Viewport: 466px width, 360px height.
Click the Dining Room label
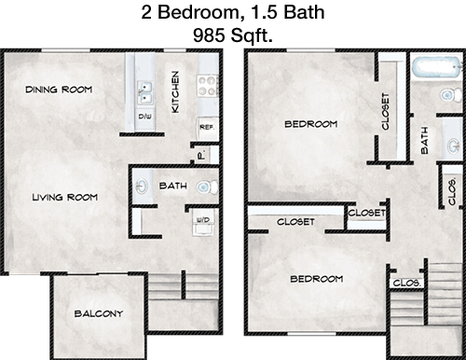[x=59, y=90]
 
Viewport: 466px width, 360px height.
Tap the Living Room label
[x=65, y=197]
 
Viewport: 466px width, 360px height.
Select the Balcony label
[x=99, y=313]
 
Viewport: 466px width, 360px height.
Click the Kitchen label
[x=175, y=92]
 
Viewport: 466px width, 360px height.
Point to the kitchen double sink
[x=145, y=92]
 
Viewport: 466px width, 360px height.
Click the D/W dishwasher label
[x=144, y=117]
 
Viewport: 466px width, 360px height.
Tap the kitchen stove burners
[x=207, y=86]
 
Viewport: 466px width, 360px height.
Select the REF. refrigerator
[x=208, y=128]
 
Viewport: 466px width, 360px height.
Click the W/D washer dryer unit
[x=203, y=222]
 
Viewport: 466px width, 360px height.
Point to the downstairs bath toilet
[x=207, y=187]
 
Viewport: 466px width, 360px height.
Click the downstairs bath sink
[x=143, y=187]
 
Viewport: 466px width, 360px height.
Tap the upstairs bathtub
[x=437, y=66]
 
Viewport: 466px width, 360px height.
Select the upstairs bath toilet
[x=451, y=95]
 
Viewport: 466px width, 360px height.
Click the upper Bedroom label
[x=311, y=124]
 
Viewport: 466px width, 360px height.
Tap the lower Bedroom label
[x=317, y=279]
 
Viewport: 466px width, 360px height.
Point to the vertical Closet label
[x=385, y=111]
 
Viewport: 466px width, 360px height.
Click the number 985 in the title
[x=209, y=35]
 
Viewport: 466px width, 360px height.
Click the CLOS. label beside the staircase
[x=406, y=283]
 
